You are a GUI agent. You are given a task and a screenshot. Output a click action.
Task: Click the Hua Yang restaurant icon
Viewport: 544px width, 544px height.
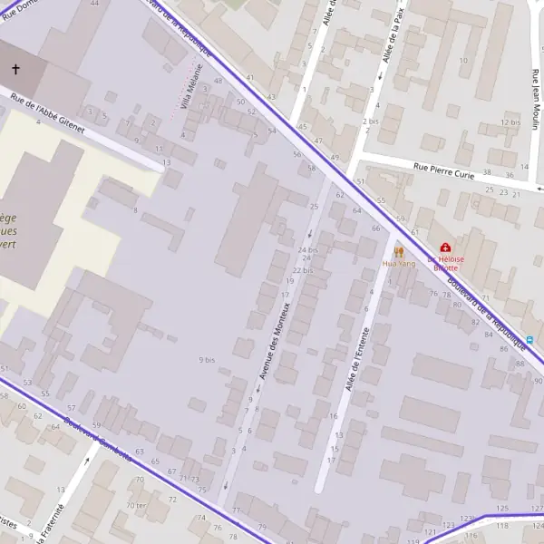(398, 252)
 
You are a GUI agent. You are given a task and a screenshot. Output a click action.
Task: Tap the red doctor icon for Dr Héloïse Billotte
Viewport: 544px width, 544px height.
(445, 247)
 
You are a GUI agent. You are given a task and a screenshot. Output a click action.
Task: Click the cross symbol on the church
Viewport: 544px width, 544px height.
(15, 69)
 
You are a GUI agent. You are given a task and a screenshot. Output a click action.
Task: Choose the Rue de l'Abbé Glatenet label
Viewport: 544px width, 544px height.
(47, 115)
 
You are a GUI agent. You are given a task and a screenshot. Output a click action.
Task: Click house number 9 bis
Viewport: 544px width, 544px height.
(207, 360)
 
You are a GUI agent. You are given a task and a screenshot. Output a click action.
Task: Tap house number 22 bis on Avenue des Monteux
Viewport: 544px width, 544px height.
(302, 271)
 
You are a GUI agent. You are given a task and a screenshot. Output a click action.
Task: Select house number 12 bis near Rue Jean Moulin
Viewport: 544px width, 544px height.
(510, 122)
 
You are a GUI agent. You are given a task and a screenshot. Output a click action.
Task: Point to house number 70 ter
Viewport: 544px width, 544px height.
(136, 505)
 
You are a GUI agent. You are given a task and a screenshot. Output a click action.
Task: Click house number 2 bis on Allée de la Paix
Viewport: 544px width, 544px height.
(370, 121)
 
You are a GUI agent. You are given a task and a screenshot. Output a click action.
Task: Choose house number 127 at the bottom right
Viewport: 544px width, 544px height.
(536, 508)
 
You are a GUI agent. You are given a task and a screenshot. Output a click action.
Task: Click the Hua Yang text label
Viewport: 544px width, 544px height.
(398, 264)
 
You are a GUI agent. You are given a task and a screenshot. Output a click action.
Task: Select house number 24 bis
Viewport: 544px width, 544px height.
(307, 249)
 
